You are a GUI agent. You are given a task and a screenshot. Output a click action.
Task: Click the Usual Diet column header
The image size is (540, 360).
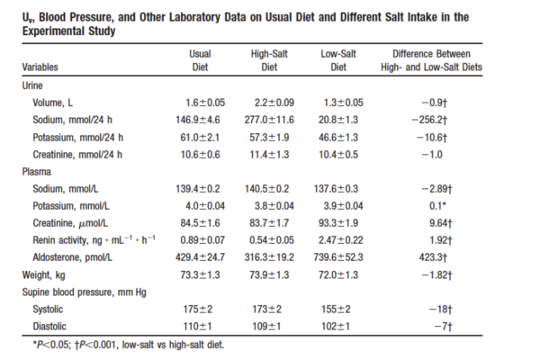click(200, 60)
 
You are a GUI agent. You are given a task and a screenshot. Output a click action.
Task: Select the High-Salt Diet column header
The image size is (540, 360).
click(269, 60)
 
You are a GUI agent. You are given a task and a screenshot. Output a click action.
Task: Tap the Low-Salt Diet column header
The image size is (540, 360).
click(338, 60)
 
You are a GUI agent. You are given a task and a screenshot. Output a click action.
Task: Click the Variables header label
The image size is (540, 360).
click(40, 67)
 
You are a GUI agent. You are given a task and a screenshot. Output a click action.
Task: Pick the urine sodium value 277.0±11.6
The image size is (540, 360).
click(269, 120)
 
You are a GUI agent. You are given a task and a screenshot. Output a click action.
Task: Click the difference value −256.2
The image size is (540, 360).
click(429, 120)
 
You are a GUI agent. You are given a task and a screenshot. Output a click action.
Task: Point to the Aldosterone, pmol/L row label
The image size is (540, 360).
click(72, 257)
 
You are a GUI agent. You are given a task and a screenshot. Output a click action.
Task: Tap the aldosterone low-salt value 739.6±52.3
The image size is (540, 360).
click(338, 257)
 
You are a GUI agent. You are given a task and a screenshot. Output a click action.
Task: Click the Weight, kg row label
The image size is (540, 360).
click(44, 274)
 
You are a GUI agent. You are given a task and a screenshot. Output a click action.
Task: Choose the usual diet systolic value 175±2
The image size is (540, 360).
click(198, 309)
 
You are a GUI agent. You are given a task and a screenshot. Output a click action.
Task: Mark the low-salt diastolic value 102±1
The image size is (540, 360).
click(336, 326)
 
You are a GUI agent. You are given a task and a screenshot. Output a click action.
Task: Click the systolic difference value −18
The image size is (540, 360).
click(440, 309)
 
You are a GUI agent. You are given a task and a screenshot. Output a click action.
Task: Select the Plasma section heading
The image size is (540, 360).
click(37, 172)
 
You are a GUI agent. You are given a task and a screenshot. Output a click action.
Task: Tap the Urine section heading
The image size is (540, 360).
click(32, 85)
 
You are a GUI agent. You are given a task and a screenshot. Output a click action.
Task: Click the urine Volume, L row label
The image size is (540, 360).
click(53, 103)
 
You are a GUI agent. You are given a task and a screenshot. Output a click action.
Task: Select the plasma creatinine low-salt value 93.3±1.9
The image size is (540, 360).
click(338, 223)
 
